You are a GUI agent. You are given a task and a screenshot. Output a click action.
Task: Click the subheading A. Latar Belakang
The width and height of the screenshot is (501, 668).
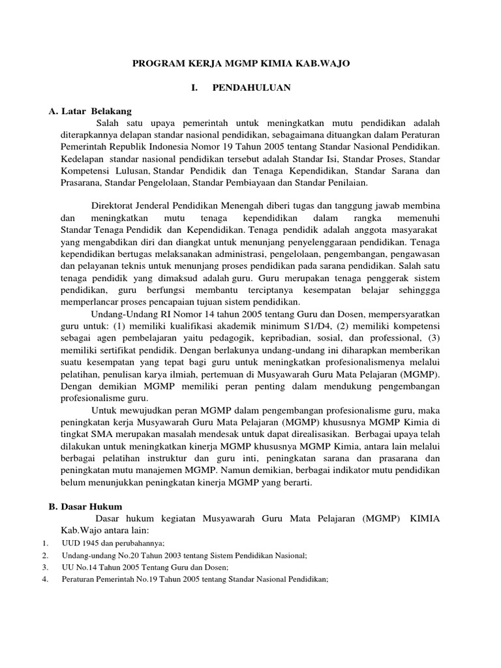pyautogui.click(x=91, y=112)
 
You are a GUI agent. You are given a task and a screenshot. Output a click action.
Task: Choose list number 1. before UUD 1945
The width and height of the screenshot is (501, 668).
pyautogui.click(x=44, y=543)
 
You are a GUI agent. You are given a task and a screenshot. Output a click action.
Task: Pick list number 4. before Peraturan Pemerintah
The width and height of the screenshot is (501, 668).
pyautogui.click(x=44, y=579)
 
